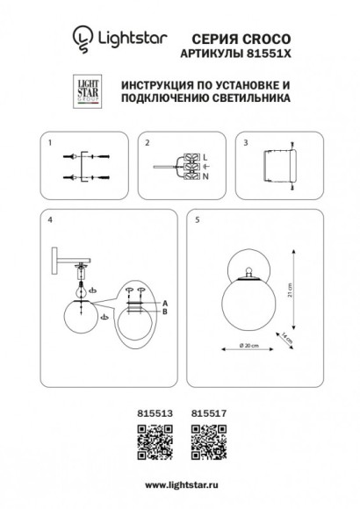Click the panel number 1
51,141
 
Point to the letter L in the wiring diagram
204,156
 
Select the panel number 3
247,141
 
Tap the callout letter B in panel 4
165,311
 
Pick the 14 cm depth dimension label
287,336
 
